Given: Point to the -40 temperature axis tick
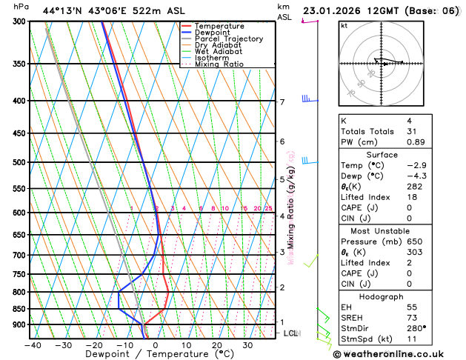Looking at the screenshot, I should click(x=32, y=345).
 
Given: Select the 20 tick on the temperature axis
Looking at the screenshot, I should click(x=217, y=345).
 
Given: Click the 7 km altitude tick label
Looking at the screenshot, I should click(x=282, y=102).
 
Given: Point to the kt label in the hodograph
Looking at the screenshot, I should click(x=344, y=25).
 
